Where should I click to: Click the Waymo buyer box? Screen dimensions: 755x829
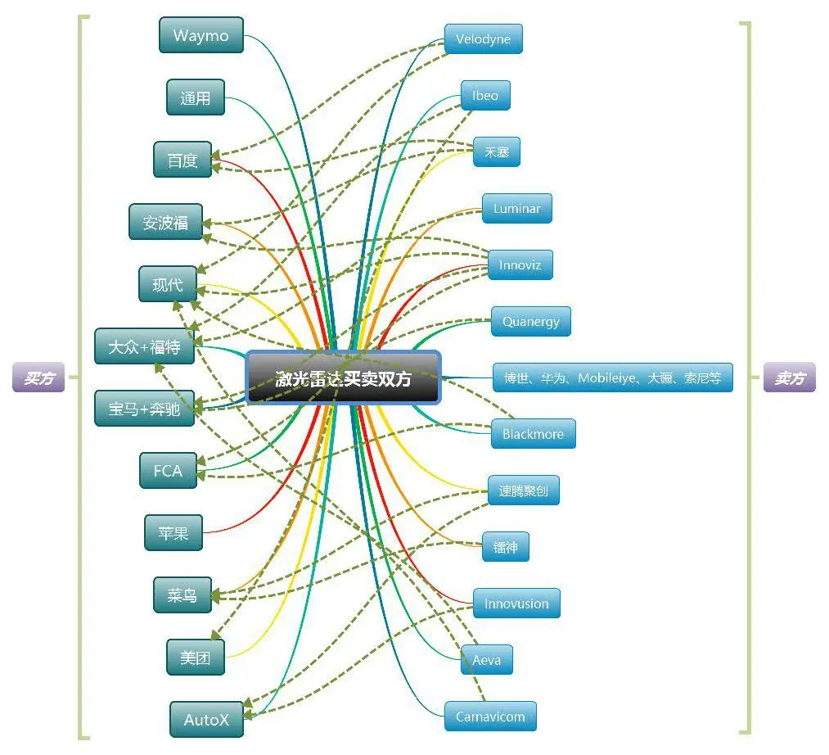point(200,36)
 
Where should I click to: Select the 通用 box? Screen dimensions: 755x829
point(195,98)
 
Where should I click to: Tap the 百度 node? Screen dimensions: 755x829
point(182,160)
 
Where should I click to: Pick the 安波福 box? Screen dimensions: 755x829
point(166,222)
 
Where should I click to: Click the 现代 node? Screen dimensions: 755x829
point(168,284)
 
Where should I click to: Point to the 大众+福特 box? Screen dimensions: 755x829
point(144,347)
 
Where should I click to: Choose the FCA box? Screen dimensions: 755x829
point(168,471)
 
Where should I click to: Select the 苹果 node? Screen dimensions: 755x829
point(173,533)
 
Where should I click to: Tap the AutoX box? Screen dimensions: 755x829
point(206,720)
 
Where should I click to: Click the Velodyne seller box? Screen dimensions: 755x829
point(483,39)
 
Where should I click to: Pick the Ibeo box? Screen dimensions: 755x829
point(484,96)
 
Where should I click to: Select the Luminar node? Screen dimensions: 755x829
point(516,209)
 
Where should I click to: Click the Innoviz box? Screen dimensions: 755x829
point(520,265)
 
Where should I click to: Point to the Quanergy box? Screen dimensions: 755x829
point(530,321)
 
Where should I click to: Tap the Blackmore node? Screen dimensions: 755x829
point(533,434)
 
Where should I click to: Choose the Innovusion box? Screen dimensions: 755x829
point(516,604)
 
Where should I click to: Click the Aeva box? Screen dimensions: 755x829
point(486,660)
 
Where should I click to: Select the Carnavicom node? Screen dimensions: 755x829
point(490,717)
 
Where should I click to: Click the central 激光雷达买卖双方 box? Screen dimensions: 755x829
point(343,378)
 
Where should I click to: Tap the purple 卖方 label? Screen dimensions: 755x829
point(789,378)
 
